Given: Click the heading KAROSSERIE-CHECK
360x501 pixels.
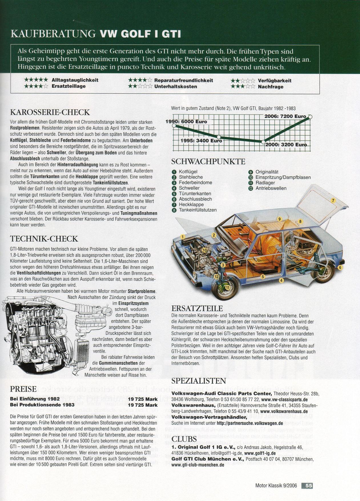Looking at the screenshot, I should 50,112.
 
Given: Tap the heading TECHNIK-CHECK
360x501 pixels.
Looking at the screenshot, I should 44,239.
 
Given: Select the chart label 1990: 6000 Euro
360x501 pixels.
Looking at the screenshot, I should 186,122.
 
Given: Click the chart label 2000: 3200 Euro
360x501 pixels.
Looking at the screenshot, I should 286,145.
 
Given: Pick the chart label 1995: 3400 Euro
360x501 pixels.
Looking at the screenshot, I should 201,141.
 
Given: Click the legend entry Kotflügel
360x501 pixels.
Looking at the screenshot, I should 188,172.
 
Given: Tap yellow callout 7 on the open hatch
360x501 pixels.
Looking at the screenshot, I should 333,201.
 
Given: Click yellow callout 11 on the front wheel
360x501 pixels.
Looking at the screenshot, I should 228,288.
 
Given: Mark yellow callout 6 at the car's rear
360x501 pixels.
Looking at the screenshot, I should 340,268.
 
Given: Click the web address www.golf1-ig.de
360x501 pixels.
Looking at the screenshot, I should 260,453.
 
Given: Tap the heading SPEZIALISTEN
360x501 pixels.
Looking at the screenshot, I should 199,381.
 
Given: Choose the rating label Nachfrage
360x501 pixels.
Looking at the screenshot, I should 270,87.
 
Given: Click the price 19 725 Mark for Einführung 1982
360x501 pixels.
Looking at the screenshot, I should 143,399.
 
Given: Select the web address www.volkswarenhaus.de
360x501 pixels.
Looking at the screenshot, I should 284,412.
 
